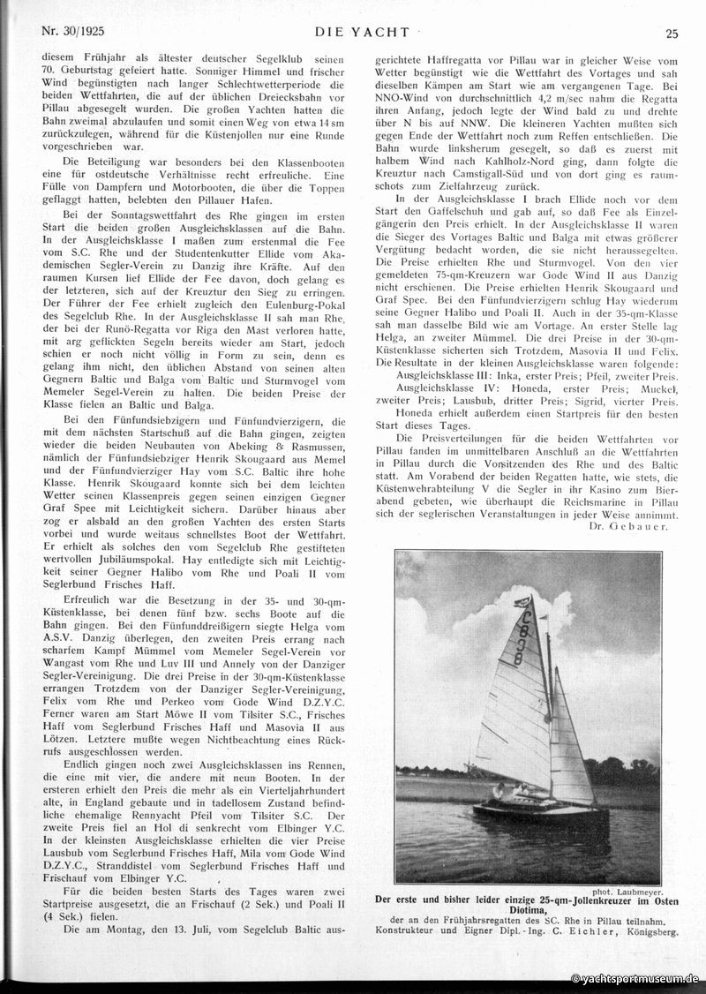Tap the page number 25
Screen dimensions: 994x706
pyautogui.click(x=672, y=34)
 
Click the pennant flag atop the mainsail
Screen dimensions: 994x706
pyautogui.click(x=526, y=603)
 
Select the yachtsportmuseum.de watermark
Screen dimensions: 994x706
pyautogui.click(x=635, y=979)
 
